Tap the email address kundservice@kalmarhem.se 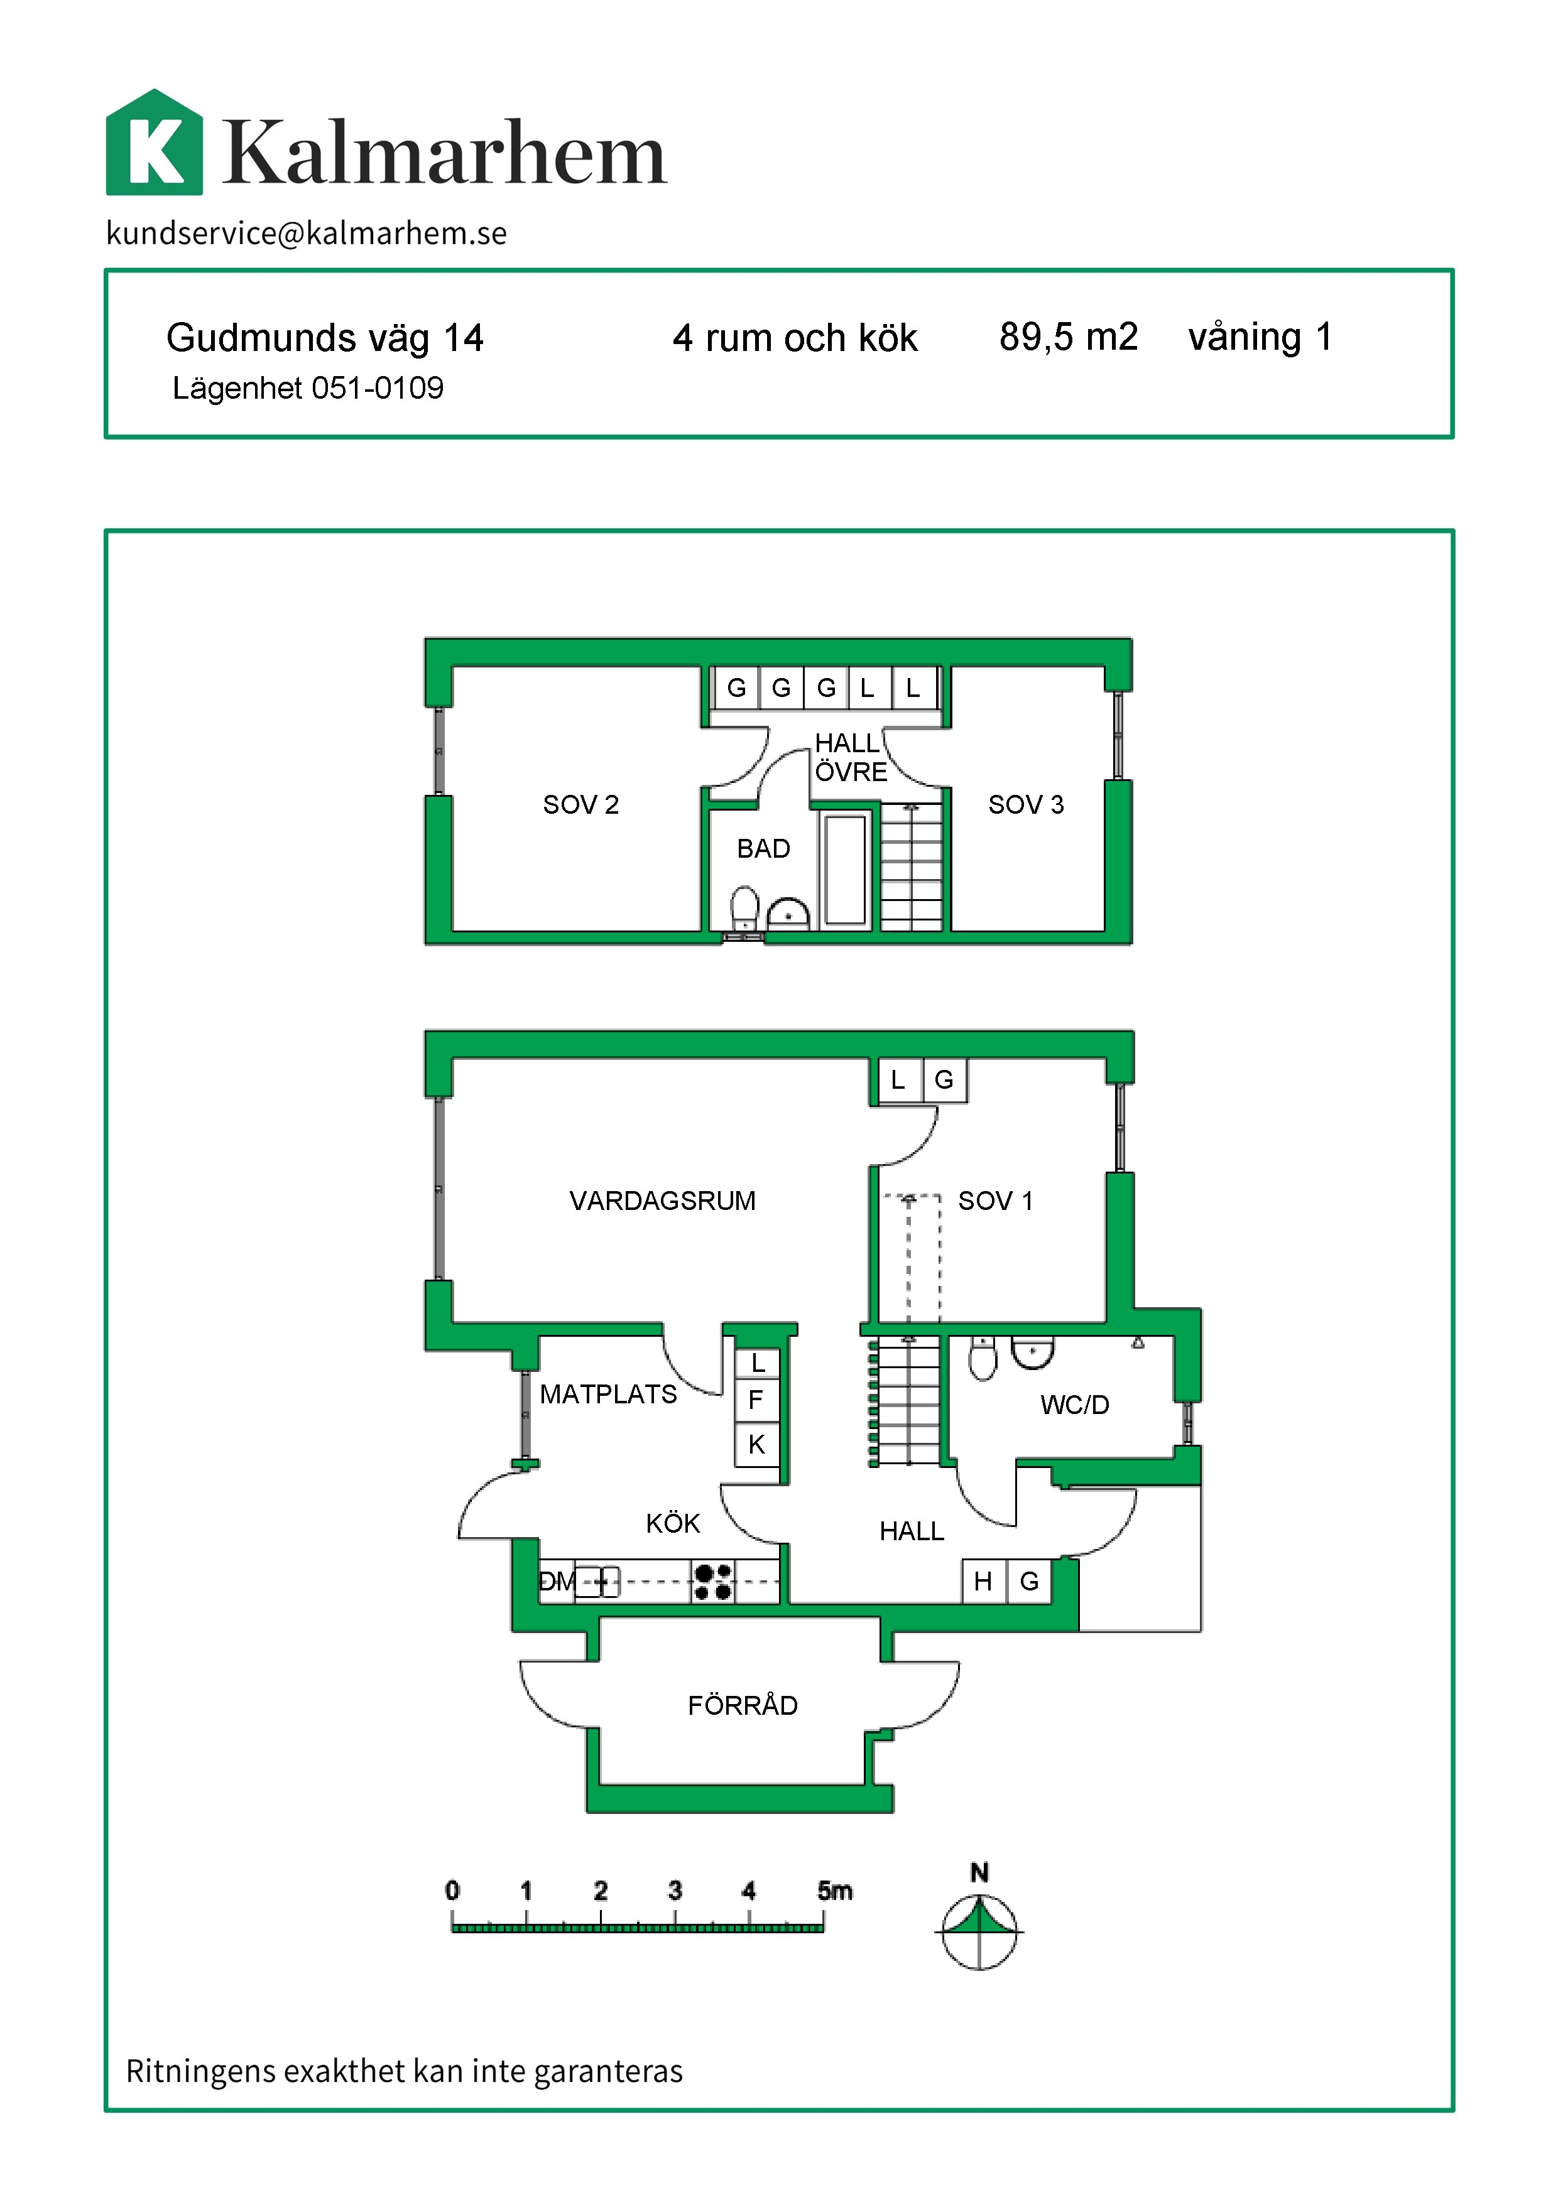click(x=306, y=233)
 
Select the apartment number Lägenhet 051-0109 click(x=308, y=389)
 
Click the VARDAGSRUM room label click(x=662, y=1201)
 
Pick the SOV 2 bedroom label click(x=580, y=805)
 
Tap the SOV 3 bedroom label click(x=1025, y=805)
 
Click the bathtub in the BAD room click(x=845, y=870)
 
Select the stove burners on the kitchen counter click(x=713, y=1582)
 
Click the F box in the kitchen click(x=756, y=1400)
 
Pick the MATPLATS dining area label click(x=608, y=1395)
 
